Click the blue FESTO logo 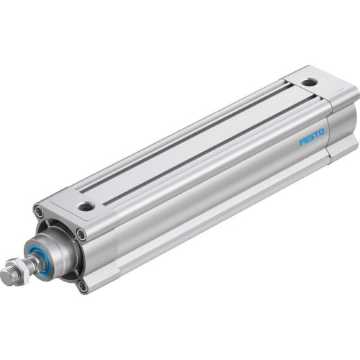click(x=312, y=137)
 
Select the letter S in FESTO click(x=312, y=137)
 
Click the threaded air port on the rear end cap click(x=308, y=83)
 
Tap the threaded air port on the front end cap click(x=86, y=206)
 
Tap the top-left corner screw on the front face click(x=38, y=212)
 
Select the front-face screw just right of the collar click(x=81, y=235)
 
